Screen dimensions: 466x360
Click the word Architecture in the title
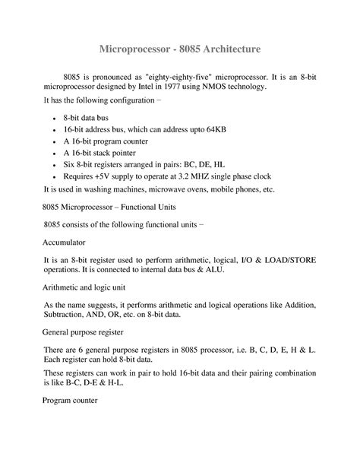coord(225,49)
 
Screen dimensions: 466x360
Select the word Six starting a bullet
coord(70,163)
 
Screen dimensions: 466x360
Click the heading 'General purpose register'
coord(85,332)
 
